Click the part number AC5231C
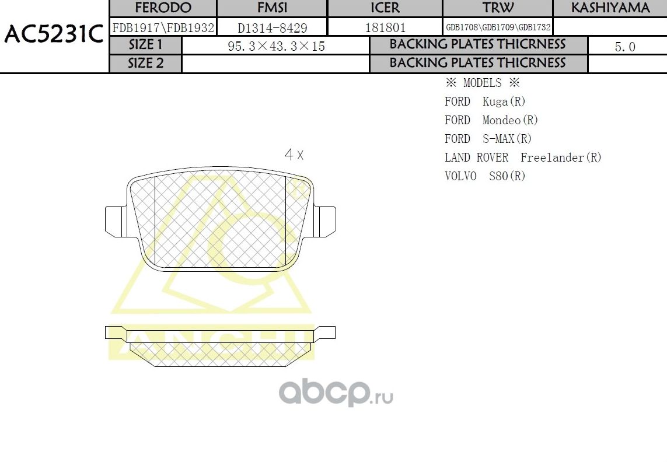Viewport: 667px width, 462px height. (54, 35)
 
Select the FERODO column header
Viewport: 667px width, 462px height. (163, 8)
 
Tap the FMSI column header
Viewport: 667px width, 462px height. (272, 8)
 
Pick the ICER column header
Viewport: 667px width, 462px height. (385, 8)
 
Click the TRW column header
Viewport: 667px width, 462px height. (498, 8)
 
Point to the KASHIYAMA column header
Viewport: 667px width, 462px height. (610, 8)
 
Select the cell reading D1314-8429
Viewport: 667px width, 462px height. (272, 27)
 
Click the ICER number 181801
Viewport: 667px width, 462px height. (385, 27)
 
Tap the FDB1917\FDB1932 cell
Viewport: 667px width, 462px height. (163, 27)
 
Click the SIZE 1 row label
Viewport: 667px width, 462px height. (146, 45)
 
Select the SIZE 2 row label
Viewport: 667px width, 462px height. (146, 63)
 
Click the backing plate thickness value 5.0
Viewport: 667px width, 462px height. (625, 47)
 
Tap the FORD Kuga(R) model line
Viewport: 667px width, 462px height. (485, 101)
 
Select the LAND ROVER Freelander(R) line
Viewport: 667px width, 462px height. (523, 157)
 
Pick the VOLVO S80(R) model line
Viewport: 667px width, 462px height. (485, 176)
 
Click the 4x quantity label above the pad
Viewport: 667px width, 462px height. (294, 155)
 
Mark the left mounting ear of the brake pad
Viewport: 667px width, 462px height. (115, 221)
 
